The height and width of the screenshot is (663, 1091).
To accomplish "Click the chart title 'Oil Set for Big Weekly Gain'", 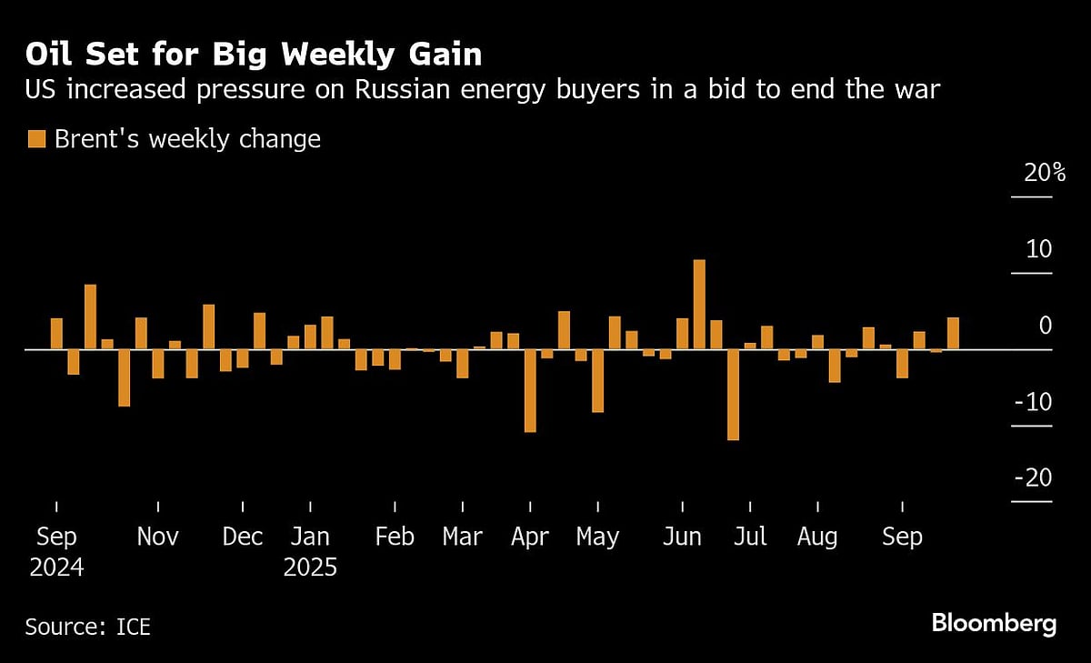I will (x=253, y=55).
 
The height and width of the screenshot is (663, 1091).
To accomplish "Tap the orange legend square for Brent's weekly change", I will (x=36, y=139).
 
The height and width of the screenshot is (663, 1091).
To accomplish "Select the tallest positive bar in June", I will (x=699, y=304).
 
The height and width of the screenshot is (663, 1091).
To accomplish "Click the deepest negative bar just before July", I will (x=733, y=395).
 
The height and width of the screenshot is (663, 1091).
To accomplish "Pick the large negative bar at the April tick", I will (x=530, y=390).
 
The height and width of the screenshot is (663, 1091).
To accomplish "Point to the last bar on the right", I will (x=953, y=333).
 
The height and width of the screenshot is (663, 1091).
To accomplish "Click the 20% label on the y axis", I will (x=1044, y=173).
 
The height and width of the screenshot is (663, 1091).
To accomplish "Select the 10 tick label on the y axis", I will (x=1038, y=248).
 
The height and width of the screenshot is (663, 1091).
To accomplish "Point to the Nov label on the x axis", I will (x=158, y=537).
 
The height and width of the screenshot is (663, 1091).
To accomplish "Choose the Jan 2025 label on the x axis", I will (x=310, y=552).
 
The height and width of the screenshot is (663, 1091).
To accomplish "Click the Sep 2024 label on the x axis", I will (x=56, y=552).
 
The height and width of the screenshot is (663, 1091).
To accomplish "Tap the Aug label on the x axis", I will (x=817, y=537).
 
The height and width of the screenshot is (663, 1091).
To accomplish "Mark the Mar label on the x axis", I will (x=462, y=537).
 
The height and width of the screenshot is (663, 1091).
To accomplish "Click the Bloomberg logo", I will (x=994, y=624).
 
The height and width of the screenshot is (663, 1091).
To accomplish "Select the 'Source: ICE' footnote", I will (x=88, y=627).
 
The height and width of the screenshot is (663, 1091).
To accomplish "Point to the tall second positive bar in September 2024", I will (x=90, y=316).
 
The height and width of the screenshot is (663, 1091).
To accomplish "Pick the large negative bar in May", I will (x=597, y=380).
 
